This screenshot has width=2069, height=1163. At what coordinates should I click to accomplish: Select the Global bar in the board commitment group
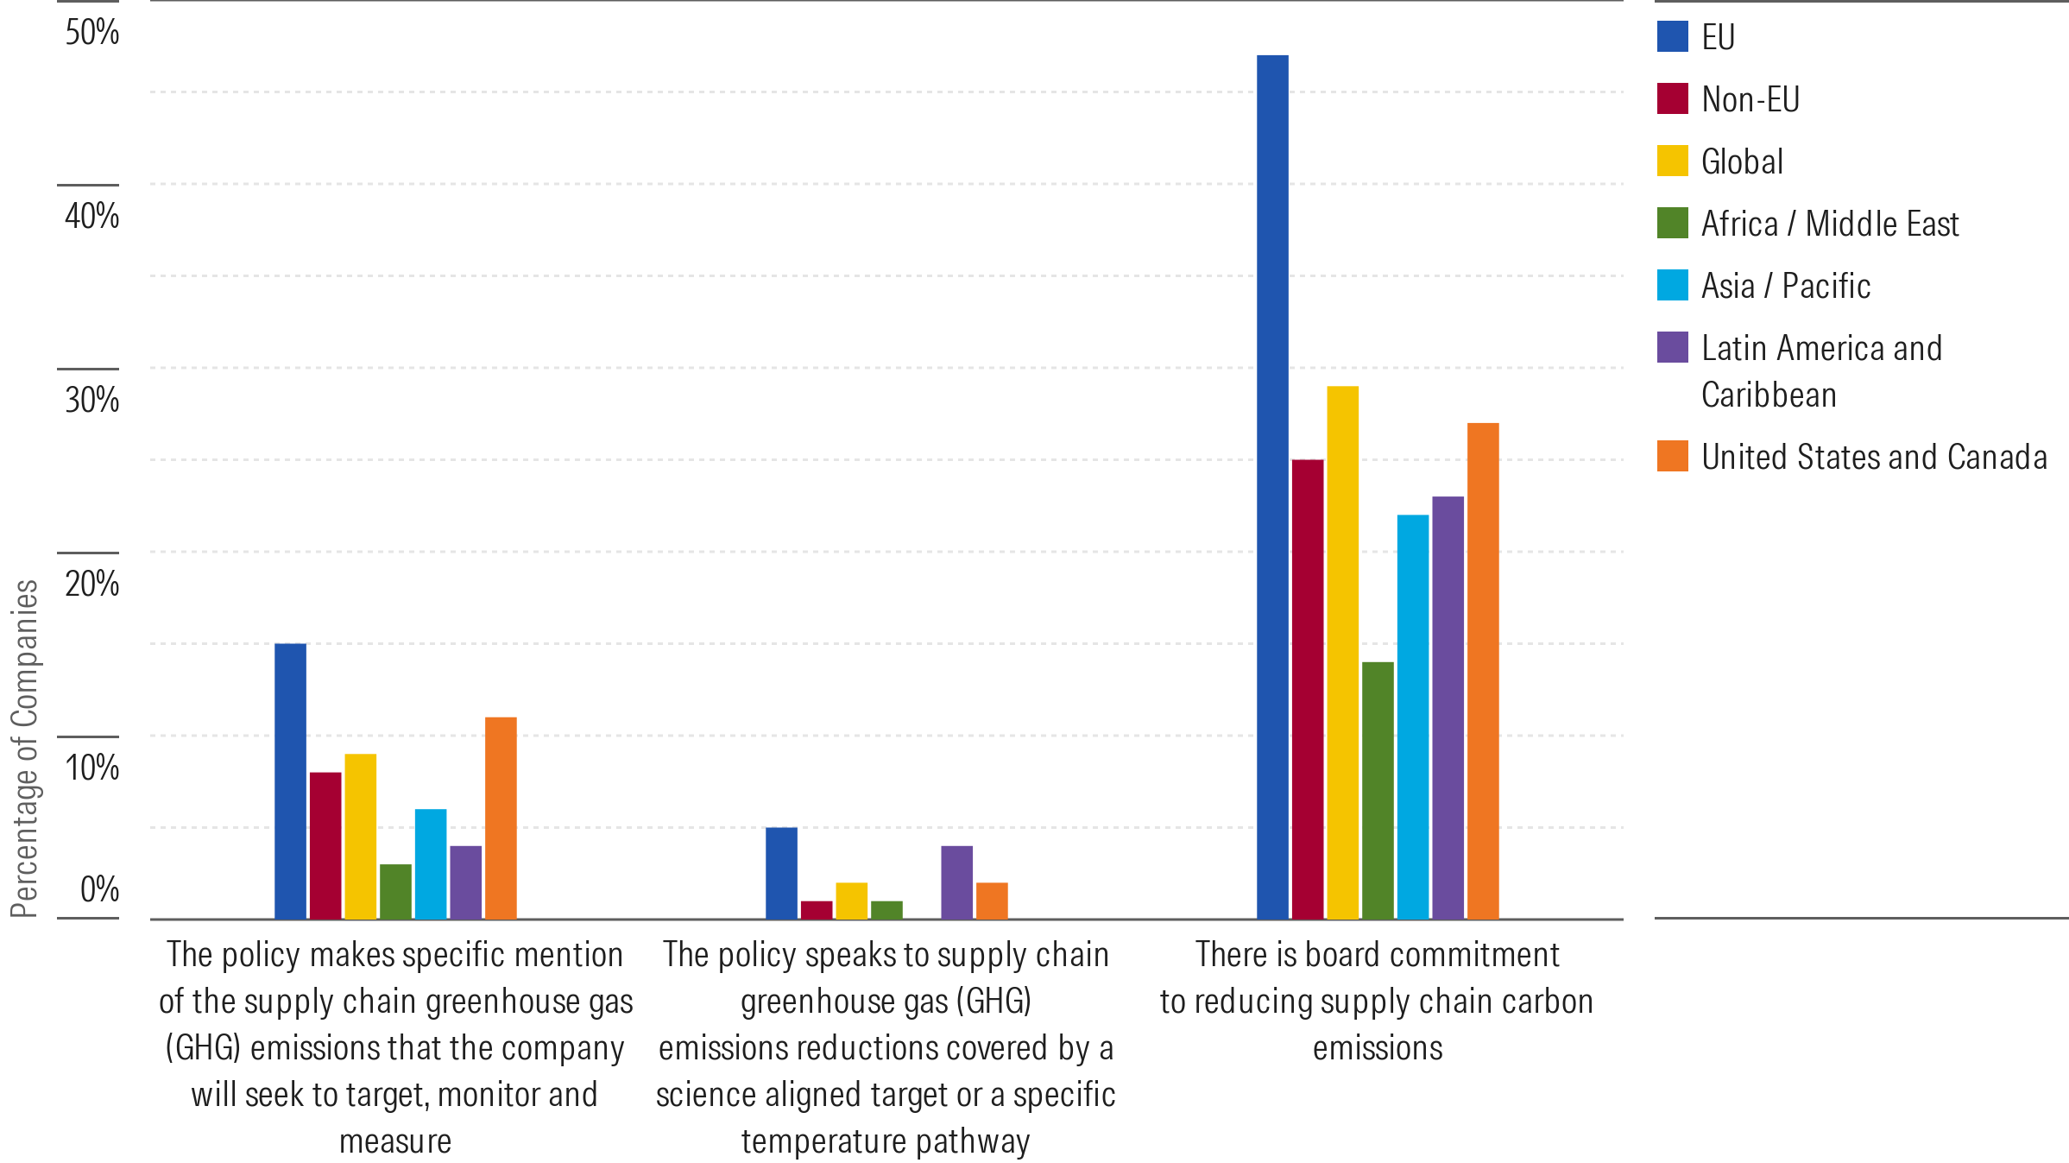pos(1342,652)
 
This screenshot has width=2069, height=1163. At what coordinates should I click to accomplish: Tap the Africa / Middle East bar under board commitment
pos(1378,790)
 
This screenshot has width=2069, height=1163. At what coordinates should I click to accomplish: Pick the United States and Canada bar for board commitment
pos(1483,671)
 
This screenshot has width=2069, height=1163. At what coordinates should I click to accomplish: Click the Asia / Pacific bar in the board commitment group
pos(1413,717)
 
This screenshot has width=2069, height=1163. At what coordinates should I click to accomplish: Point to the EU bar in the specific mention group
pos(290,781)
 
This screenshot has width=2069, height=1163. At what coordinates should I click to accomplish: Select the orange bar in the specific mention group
pos(501,818)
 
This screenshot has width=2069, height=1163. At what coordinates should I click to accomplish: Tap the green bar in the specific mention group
pos(395,891)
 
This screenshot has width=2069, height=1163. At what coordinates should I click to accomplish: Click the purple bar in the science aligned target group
pos(956,882)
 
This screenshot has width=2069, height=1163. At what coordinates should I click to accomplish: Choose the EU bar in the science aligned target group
pos(781,873)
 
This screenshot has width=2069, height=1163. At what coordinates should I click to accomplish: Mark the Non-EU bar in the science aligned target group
pos(817,910)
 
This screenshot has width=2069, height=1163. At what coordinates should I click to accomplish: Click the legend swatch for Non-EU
pos(1672,99)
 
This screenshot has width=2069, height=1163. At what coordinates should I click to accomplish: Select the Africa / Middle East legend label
pos(1829,224)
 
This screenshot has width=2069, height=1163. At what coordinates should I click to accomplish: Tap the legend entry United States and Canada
pos(1873,457)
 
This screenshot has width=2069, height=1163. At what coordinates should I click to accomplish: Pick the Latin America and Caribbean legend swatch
pos(1672,347)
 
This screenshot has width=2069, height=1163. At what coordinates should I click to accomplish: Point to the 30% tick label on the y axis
pos(91,400)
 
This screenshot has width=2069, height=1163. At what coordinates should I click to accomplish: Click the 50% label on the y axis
pos(91,33)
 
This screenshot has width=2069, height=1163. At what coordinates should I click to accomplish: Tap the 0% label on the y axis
pos(99,889)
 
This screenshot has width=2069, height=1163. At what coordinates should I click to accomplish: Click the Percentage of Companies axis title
pos(24,749)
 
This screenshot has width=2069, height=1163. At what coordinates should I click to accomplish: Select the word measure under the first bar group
pos(395,1141)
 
